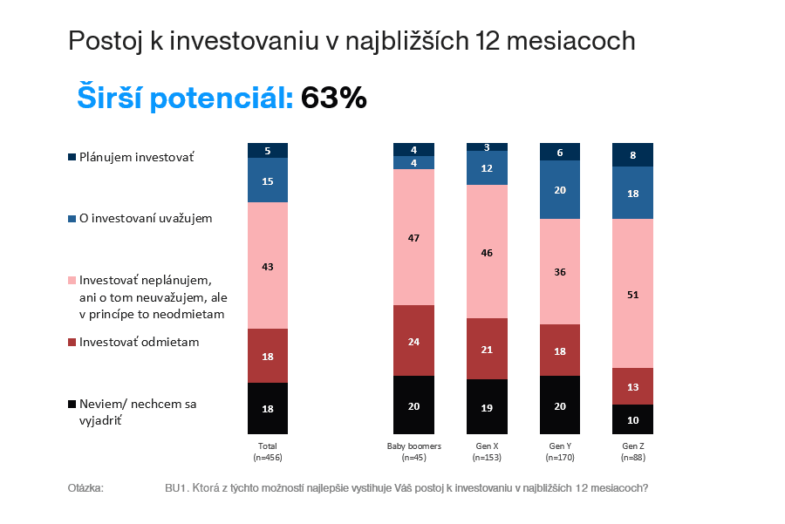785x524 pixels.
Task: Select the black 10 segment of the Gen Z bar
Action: click(632, 419)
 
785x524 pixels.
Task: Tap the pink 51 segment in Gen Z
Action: click(632, 294)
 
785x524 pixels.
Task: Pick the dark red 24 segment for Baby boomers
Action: click(413, 341)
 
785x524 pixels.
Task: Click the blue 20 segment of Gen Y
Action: click(559, 190)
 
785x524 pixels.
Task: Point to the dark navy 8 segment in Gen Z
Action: click(632, 154)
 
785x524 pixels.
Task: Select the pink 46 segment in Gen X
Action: click(487, 251)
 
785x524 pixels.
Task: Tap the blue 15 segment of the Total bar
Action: click(268, 180)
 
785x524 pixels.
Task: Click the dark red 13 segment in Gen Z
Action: click(632, 386)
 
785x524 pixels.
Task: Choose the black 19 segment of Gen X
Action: click(487, 406)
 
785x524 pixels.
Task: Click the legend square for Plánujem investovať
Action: click(72, 158)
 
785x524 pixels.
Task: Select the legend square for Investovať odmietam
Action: click(72, 343)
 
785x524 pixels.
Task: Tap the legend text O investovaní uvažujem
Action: click(146, 218)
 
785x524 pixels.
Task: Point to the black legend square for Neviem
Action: click(72, 405)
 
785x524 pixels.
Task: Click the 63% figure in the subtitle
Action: click(333, 98)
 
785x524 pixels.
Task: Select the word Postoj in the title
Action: click(104, 41)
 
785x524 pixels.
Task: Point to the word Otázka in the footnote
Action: click(85, 487)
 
